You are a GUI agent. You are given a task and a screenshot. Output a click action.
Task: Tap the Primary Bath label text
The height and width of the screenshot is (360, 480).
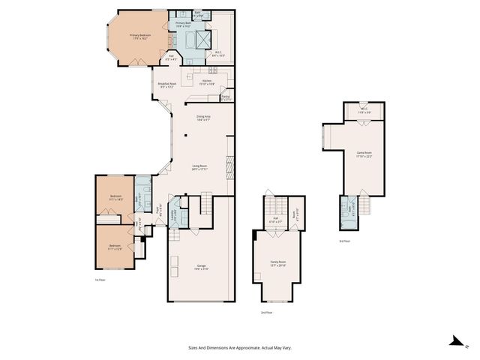click(x=184, y=24)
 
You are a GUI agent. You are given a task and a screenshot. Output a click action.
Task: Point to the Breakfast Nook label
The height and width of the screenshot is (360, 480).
click(x=167, y=83)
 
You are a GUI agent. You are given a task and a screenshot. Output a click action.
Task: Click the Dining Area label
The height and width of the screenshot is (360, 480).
click(x=202, y=116)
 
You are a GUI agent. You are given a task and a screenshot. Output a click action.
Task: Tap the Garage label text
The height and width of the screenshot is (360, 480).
click(x=201, y=266)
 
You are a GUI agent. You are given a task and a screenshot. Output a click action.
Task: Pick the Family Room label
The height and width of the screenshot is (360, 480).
click(x=277, y=262)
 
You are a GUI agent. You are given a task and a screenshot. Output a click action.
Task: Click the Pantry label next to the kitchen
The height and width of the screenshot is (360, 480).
click(x=226, y=96)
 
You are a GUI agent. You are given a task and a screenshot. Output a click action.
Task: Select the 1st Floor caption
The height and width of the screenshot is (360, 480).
click(x=100, y=279)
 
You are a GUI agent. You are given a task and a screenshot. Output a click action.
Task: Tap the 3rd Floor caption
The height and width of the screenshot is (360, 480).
click(x=344, y=241)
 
